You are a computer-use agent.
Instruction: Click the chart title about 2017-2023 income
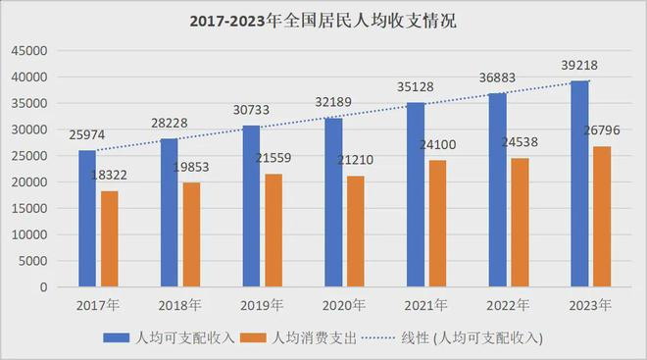coord(323,21)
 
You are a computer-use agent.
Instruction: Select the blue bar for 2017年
coord(87,219)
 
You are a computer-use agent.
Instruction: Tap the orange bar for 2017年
coord(110,238)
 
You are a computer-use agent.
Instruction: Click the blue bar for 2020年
coord(333,202)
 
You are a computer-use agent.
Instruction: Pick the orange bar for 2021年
coord(438,224)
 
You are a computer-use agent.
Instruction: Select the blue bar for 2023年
coord(579,183)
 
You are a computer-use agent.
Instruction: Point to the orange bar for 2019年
coord(274,230)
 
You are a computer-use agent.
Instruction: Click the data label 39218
coord(579,65)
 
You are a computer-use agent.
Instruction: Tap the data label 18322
coord(109,175)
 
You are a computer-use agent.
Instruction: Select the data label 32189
coord(333,102)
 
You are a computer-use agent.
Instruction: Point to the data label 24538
coord(520,142)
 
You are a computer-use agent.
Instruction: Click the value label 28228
coord(170,123)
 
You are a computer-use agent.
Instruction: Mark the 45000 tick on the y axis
coord(29,51)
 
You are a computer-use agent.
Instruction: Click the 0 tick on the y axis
coord(44,287)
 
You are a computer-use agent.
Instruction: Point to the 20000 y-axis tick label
coord(29,182)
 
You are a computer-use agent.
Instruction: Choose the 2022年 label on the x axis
coord(508,305)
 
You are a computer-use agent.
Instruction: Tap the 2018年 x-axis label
coord(179,305)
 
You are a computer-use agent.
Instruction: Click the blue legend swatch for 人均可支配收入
coord(117,337)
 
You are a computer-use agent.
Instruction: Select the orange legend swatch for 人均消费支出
coord(253,337)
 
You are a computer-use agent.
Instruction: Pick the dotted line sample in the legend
coord(378,338)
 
